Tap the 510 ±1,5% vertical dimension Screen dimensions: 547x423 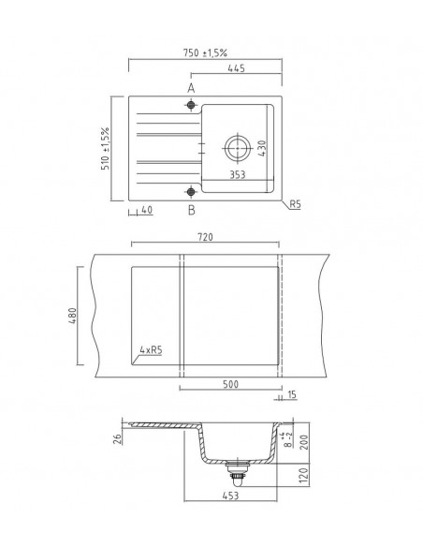(x=107, y=147)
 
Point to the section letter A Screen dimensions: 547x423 (x=191, y=87)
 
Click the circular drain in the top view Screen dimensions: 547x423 (x=234, y=147)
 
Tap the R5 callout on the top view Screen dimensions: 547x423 (x=295, y=203)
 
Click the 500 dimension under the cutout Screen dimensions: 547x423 (x=230, y=384)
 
